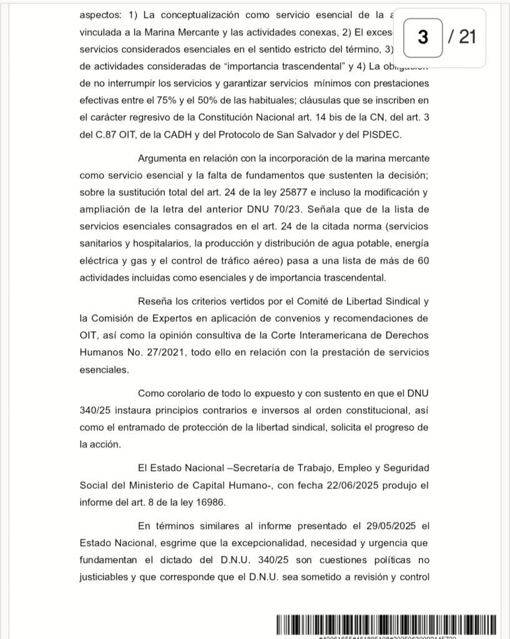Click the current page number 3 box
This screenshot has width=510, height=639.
click(423, 37)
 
